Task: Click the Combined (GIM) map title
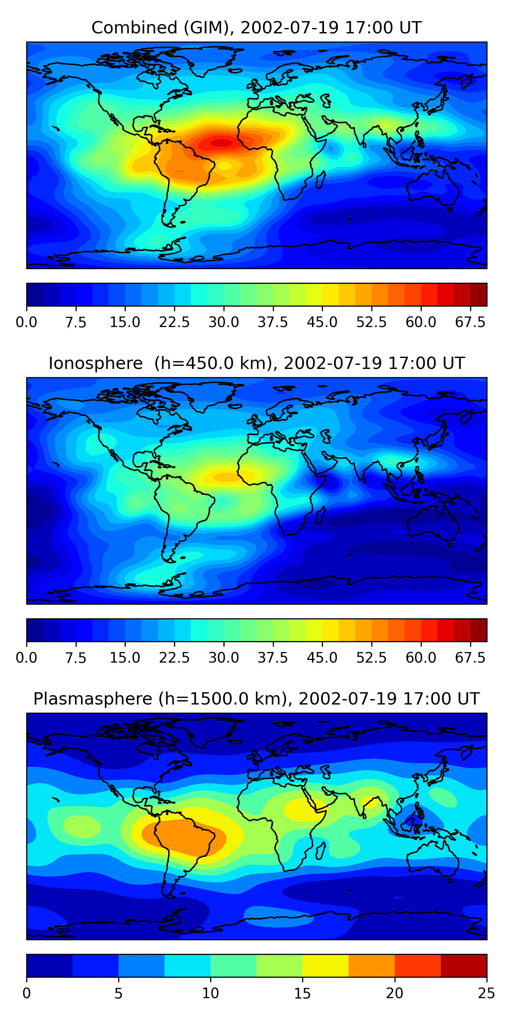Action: tap(256, 28)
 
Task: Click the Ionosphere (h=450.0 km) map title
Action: tap(256, 363)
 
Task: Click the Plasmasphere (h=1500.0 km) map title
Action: tap(256, 699)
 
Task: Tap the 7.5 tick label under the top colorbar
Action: tap(76, 322)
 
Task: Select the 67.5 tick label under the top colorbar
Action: tap(470, 322)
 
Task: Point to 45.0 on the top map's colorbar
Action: tap(322, 322)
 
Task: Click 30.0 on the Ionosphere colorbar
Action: tap(224, 658)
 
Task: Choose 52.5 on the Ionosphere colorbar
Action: tap(371, 658)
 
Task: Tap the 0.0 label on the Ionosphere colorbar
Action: tap(27, 658)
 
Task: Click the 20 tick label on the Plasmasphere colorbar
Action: tap(394, 993)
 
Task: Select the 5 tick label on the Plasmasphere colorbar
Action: tap(118, 993)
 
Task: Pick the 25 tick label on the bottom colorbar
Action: tap(486, 993)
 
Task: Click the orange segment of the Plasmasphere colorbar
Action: tap(372, 965)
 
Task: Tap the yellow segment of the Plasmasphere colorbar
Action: tap(326, 965)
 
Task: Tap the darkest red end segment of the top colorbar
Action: tap(479, 295)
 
